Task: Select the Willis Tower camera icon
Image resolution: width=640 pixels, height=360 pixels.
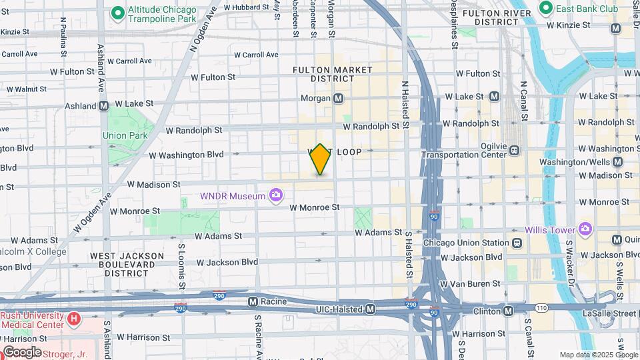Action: (x=585, y=230)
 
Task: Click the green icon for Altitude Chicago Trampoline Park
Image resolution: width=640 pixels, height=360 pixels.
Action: (x=118, y=12)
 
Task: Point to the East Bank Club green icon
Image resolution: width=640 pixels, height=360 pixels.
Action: (x=545, y=8)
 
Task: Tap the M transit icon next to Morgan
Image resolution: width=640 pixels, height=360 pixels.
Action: (x=339, y=99)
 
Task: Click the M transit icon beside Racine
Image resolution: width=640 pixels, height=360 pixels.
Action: (x=253, y=301)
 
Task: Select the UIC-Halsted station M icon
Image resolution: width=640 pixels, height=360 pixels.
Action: (x=371, y=309)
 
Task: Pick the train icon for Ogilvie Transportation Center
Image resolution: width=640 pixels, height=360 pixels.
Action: (x=515, y=150)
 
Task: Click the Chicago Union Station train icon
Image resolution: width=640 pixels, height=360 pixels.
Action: (x=517, y=243)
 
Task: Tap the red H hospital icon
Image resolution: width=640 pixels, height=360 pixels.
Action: (x=73, y=319)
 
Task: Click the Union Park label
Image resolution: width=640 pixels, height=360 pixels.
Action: (x=125, y=135)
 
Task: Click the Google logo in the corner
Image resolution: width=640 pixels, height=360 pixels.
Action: (x=21, y=352)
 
